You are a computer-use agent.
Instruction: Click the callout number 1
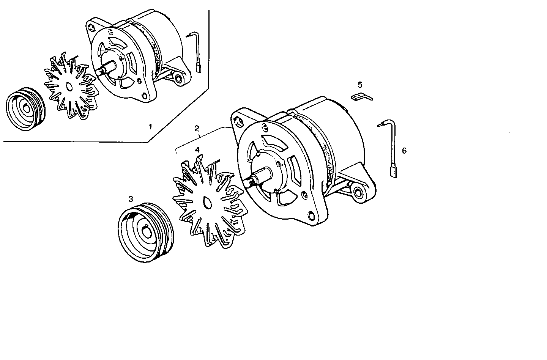[x=150, y=126]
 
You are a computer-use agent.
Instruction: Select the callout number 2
[x=197, y=129]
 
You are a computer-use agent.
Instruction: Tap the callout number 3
[x=131, y=199]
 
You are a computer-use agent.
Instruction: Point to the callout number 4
[x=197, y=149]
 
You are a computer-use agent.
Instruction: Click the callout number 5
[x=360, y=84]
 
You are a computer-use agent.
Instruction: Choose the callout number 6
[x=404, y=151]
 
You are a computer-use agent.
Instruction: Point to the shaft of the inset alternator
[x=102, y=71]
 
